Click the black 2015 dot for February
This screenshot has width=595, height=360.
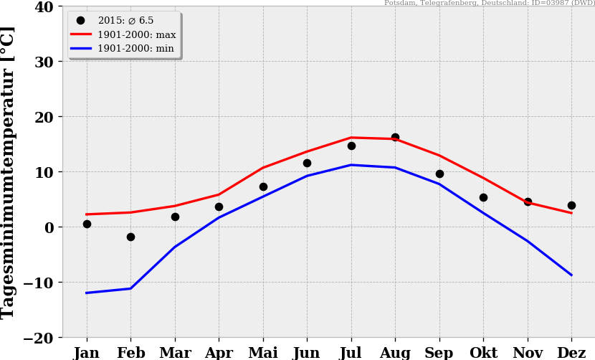[x=130, y=237]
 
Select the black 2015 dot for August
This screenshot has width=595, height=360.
[x=395, y=137]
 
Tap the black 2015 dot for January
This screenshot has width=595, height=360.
[x=87, y=224]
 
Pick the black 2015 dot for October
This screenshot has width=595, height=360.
[x=483, y=197]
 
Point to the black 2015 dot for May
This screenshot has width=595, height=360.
[x=263, y=186]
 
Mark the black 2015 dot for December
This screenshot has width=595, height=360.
[x=571, y=205]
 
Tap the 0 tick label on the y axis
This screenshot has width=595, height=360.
[x=49, y=227]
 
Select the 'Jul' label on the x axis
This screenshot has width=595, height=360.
[x=351, y=353]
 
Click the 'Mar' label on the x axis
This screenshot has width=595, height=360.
[x=175, y=353]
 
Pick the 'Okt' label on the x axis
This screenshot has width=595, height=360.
[x=483, y=353]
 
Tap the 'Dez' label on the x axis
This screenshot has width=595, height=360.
[x=571, y=353]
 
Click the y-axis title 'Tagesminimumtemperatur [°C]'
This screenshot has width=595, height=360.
[x=9, y=172]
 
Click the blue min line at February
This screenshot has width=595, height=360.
[x=130, y=288]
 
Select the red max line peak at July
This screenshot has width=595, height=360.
[x=351, y=138]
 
